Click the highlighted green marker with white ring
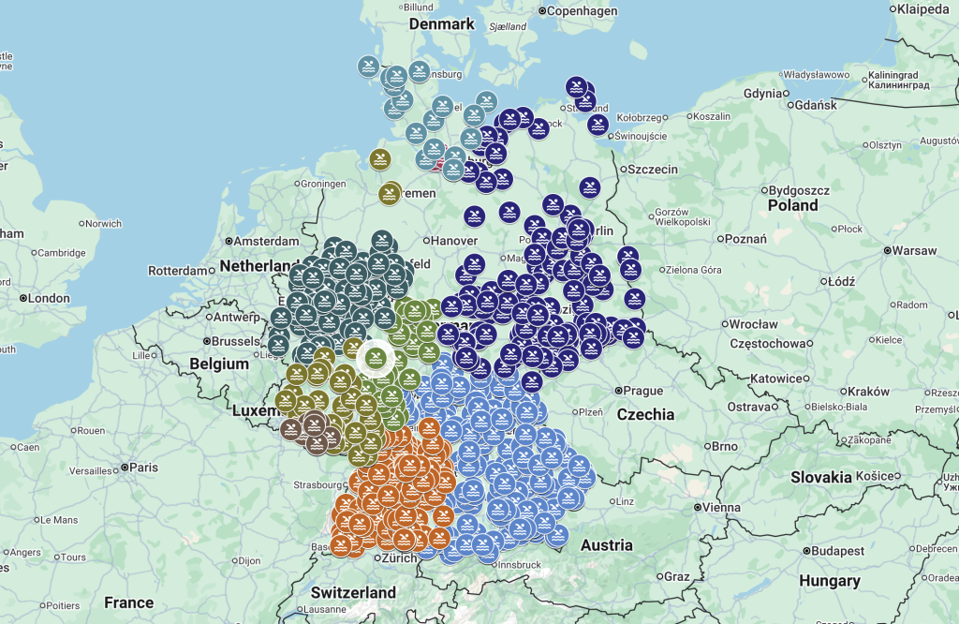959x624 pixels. [376, 357]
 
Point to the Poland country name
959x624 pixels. [792, 205]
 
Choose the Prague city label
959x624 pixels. [642, 391]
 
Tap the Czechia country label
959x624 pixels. [645, 414]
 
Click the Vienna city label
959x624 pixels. [722, 507]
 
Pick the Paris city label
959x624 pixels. [143, 467]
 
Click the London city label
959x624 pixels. [49, 298]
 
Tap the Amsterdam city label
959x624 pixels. [266, 241]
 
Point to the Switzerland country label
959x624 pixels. [353, 592]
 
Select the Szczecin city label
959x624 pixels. [652, 170]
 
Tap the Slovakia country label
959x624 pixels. [821, 477]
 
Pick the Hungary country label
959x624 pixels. [829, 581]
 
